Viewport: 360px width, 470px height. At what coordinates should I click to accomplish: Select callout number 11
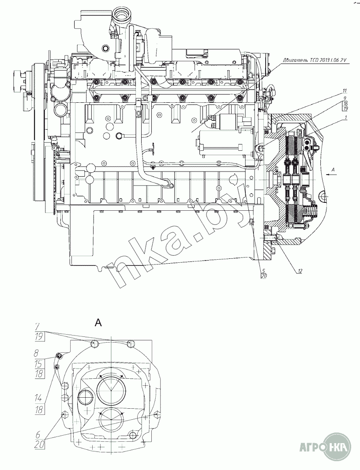click(343, 92)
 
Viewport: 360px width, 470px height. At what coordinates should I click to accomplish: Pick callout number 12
click(299, 270)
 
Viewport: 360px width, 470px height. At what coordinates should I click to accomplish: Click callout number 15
click(39, 364)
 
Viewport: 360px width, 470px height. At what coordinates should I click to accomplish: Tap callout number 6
click(39, 433)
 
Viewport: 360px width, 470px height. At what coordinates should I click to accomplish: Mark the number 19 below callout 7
click(39, 337)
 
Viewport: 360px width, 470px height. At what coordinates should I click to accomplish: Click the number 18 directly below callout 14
click(39, 409)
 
